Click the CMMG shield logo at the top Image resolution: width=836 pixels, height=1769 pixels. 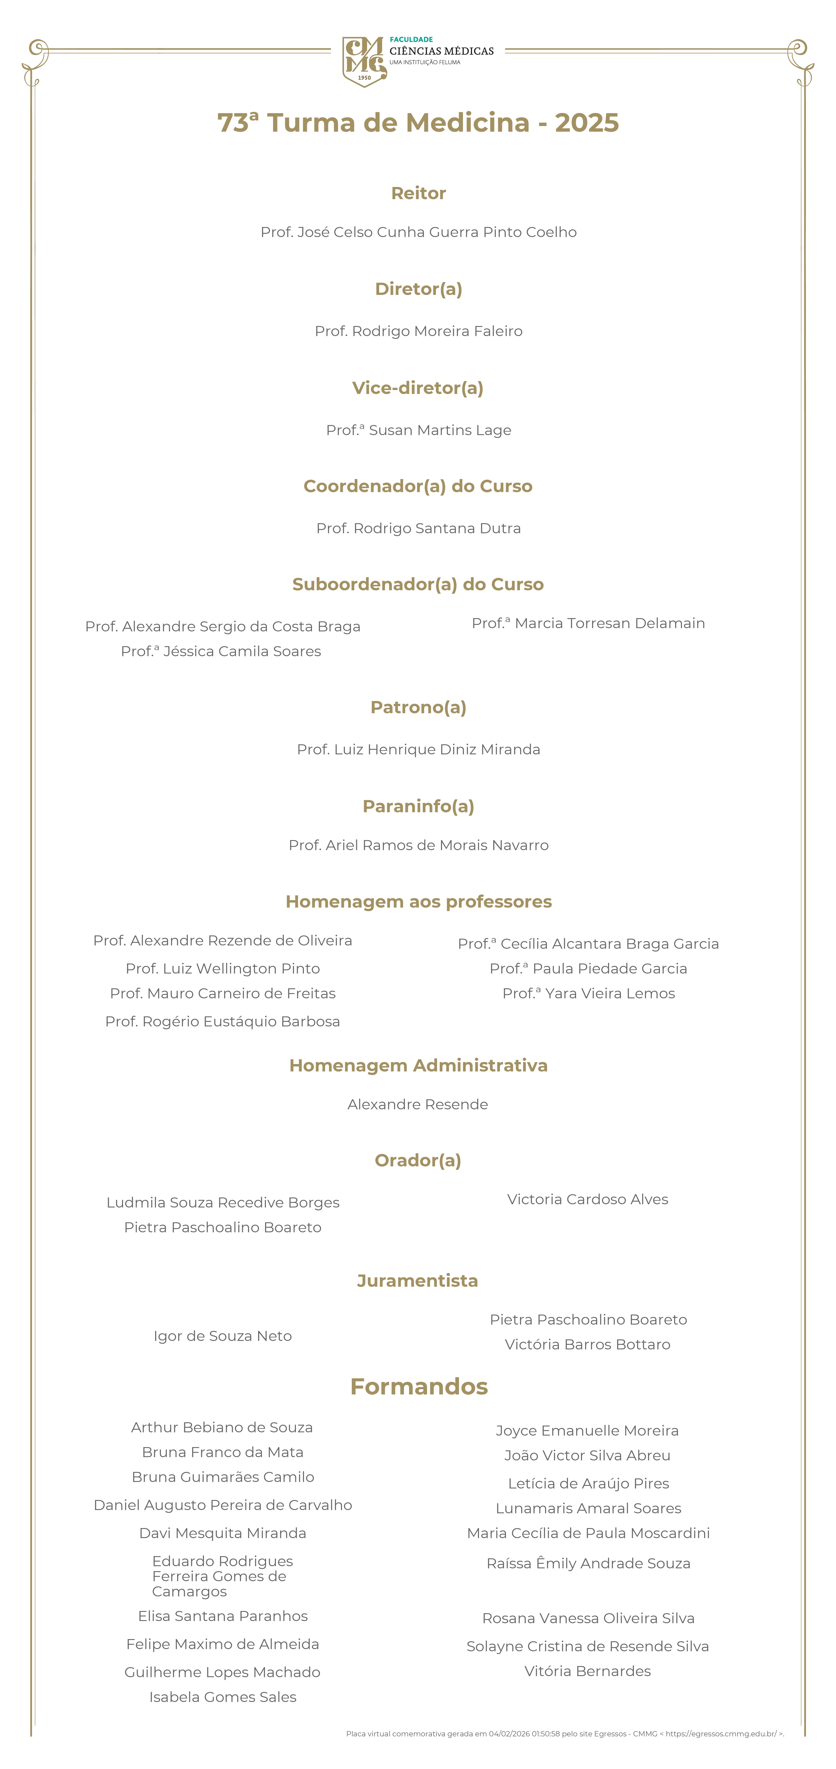(x=364, y=62)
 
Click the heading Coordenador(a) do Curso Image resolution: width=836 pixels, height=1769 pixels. (x=418, y=486)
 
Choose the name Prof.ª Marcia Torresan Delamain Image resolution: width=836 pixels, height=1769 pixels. (x=588, y=623)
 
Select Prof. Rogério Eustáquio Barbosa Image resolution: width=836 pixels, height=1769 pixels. (x=222, y=1021)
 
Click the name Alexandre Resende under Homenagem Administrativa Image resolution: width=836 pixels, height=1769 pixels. (x=418, y=1104)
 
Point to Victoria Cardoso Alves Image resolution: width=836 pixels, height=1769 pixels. (x=587, y=1199)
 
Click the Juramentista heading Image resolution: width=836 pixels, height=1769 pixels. (x=418, y=1281)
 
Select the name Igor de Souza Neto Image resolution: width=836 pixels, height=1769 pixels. (x=222, y=1336)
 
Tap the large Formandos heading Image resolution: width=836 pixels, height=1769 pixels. (x=418, y=1387)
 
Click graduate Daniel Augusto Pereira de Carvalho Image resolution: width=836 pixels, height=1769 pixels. (x=222, y=1505)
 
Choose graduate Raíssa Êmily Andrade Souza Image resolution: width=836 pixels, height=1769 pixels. (x=588, y=1563)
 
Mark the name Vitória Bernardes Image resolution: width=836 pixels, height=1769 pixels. (x=587, y=1671)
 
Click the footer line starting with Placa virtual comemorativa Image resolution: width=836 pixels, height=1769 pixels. (x=565, y=1733)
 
